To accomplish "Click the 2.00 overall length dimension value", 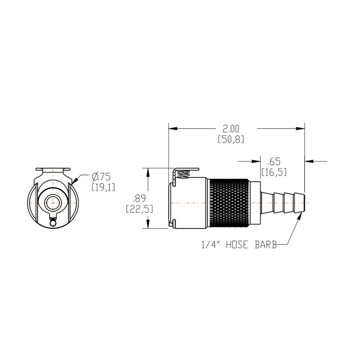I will pyautogui.click(x=231, y=128).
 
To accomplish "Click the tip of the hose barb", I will pyautogui.click(x=304, y=203).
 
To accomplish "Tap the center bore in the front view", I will pyautogui.click(x=53, y=203).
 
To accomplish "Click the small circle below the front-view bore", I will pyautogui.click(x=53, y=222).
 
